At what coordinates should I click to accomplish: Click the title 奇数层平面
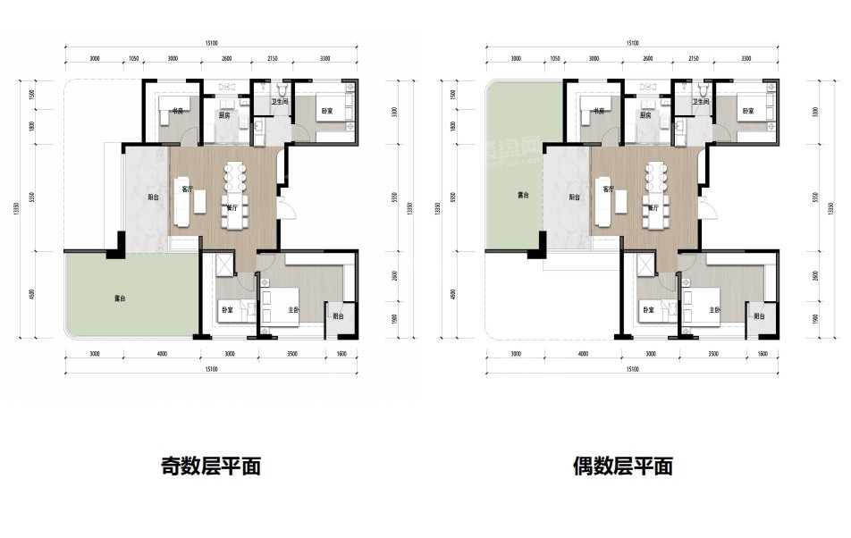click(211, 466)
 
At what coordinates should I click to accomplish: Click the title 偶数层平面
click(623, 466)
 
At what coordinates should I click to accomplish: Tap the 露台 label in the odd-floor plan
click(120, 298)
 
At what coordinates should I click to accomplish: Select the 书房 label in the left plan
click(177, 111)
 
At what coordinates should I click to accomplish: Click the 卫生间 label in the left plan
click(266, 101)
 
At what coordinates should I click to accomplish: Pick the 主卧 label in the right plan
click(714, 310)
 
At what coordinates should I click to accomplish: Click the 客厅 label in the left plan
click(186, 189)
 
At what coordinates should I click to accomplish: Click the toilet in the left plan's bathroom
click(282, 92)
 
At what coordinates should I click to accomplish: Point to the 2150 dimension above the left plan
click(273, 58)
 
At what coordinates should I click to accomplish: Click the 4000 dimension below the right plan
click(584, 354)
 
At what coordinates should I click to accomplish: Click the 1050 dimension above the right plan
click(555, 58)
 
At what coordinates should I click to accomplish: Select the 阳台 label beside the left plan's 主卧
click(339, 316)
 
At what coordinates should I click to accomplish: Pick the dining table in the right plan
click(658, 183)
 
